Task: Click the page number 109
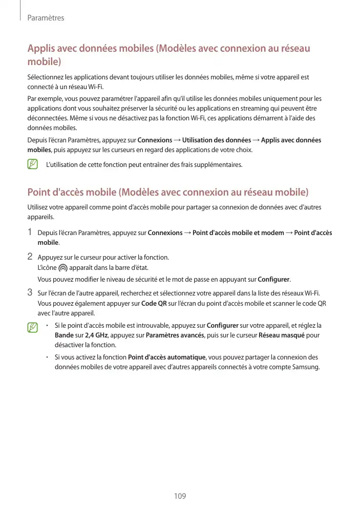[x=180, y=496]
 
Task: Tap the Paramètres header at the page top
[x=46, y=18]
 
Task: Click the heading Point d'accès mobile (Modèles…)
[x=168, y=193]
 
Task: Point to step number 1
[x=30, y=232]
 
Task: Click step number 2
[x=30, y=257]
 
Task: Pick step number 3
[x=30, y=293]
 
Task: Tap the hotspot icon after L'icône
[x=63, y=268]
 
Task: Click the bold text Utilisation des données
[x=217, y=140]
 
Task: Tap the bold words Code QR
[x=154, y=303]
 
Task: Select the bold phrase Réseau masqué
[x=281, y=335]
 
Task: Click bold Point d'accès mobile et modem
[x=238, y=233]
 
